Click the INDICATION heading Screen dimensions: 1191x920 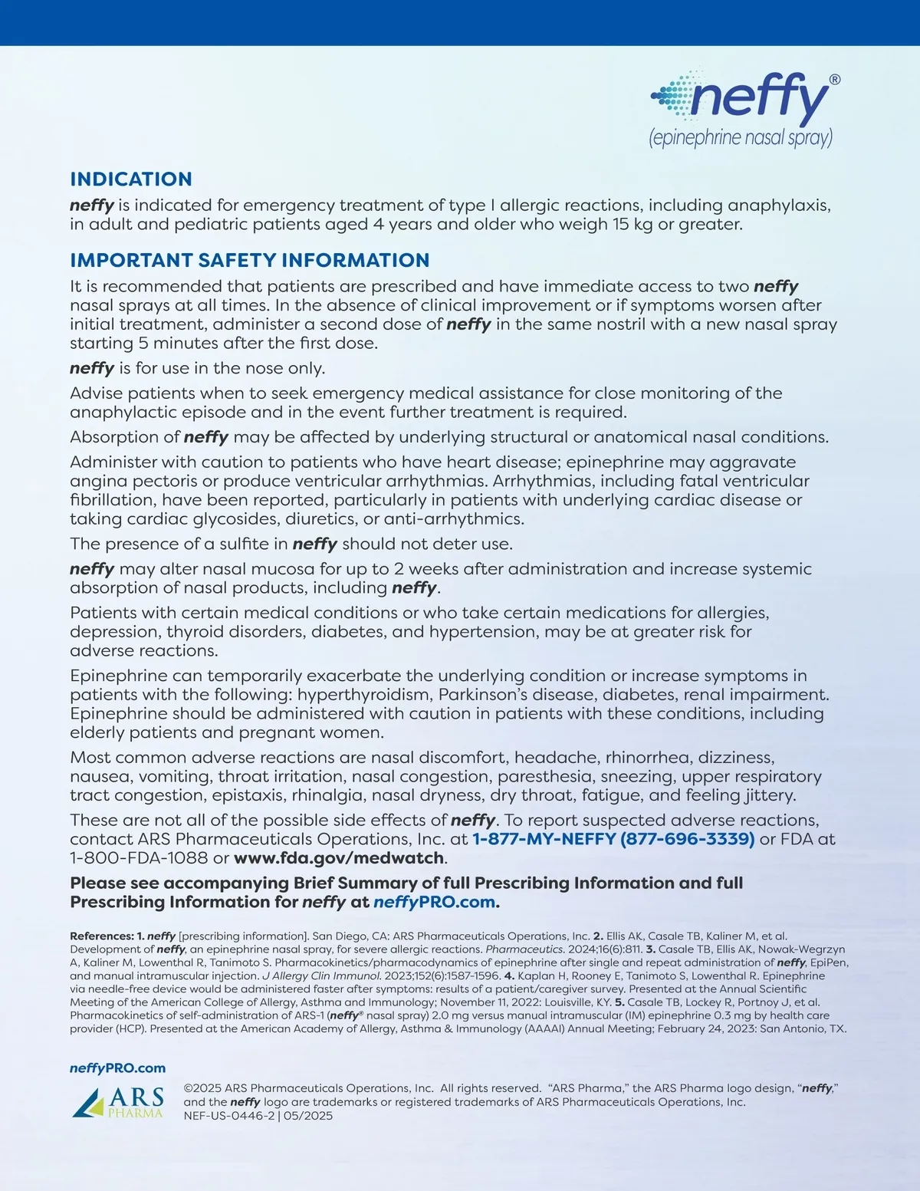[x=131, y=179]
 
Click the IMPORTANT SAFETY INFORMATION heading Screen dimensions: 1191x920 [x=249, y=261]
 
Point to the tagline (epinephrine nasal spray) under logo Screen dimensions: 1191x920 [x=741, y=138]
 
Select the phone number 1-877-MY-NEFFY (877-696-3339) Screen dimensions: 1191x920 [x=613, y=839]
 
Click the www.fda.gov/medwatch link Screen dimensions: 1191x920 [x=339, y=857]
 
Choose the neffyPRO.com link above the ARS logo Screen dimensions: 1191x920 [x=117, y=1068]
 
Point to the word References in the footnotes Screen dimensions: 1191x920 [x=100, y=936]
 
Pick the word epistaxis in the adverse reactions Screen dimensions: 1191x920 [x=248, y=795]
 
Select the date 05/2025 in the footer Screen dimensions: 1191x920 [x=308, y=1116]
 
